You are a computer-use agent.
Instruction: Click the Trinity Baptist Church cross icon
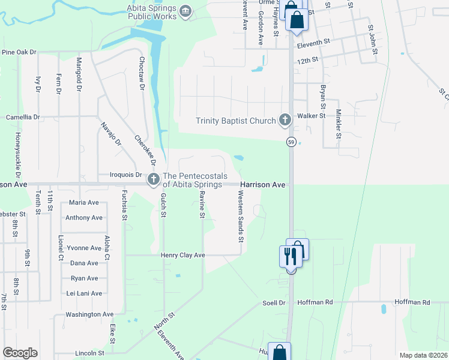(285, 121)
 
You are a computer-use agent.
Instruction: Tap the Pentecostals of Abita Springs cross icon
(153, 178)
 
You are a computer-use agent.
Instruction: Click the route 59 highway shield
(291, 142)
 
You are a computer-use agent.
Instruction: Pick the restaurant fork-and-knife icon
(289, 257)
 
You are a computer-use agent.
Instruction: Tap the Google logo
(20, 353)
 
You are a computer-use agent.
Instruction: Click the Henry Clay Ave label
(183, 255)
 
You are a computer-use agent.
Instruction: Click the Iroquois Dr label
(125, 175)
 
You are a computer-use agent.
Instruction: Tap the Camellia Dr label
(22, 117)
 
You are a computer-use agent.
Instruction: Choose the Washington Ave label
(89, 314)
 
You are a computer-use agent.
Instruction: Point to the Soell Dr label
(274, 302)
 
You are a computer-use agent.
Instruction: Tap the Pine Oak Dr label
(19, 52)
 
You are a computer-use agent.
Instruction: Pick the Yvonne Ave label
(83, 248)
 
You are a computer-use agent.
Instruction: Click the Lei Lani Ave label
(84, 293)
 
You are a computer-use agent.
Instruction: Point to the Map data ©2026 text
(423, 355)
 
